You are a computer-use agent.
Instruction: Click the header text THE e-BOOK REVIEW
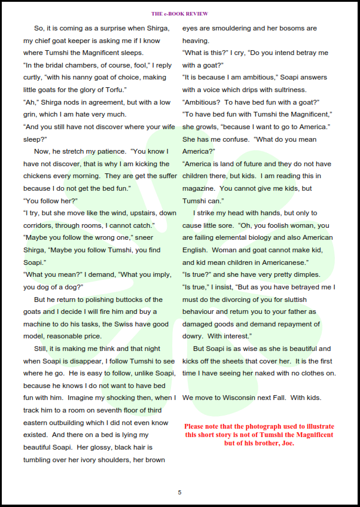click(179, 13)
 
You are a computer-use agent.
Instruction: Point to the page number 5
click(179, 492)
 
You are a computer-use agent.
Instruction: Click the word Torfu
click(113, 90)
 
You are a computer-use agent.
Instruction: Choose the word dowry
click(193, 336)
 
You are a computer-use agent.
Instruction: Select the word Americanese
click(278, 262)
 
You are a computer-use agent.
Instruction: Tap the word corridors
click(40, 225)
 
